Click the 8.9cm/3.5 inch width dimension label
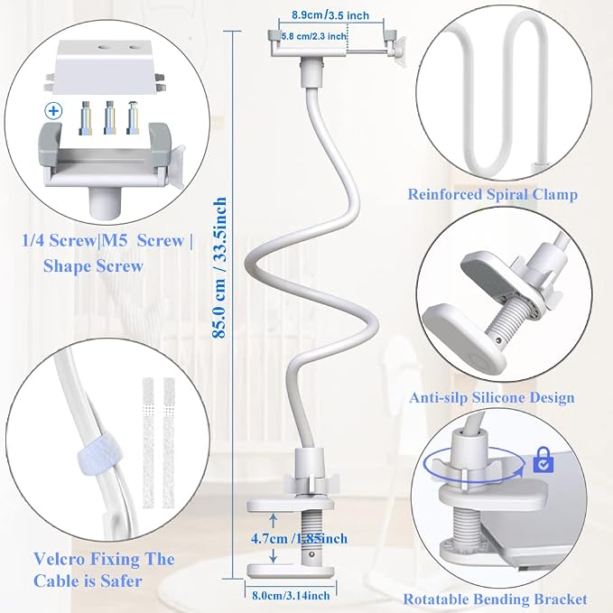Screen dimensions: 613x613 (x=330, y=15)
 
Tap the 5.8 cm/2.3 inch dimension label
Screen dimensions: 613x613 (x=314, y=36)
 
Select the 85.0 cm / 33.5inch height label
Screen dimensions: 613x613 (x=219, y=267)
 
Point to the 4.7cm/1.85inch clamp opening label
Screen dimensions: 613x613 (x=299, y=538)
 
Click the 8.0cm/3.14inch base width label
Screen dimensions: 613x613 (x=291, y=596)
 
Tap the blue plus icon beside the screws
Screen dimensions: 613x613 (x=53, y=111)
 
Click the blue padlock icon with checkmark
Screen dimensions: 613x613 (x=543, y=460)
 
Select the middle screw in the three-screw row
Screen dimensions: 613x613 (x=109, y=117)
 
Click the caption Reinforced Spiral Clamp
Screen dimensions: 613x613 (x=493, y=194)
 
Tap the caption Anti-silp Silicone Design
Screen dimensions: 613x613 (x=492, y=398)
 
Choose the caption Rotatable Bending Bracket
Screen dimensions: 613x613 (x=495, y=599)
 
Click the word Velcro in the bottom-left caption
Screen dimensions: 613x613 (x=59, y=559)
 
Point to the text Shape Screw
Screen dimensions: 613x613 (x=93, y=266)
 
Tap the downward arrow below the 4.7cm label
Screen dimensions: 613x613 (x=274, y=555)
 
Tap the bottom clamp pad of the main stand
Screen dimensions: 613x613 (x=290, y=571)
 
